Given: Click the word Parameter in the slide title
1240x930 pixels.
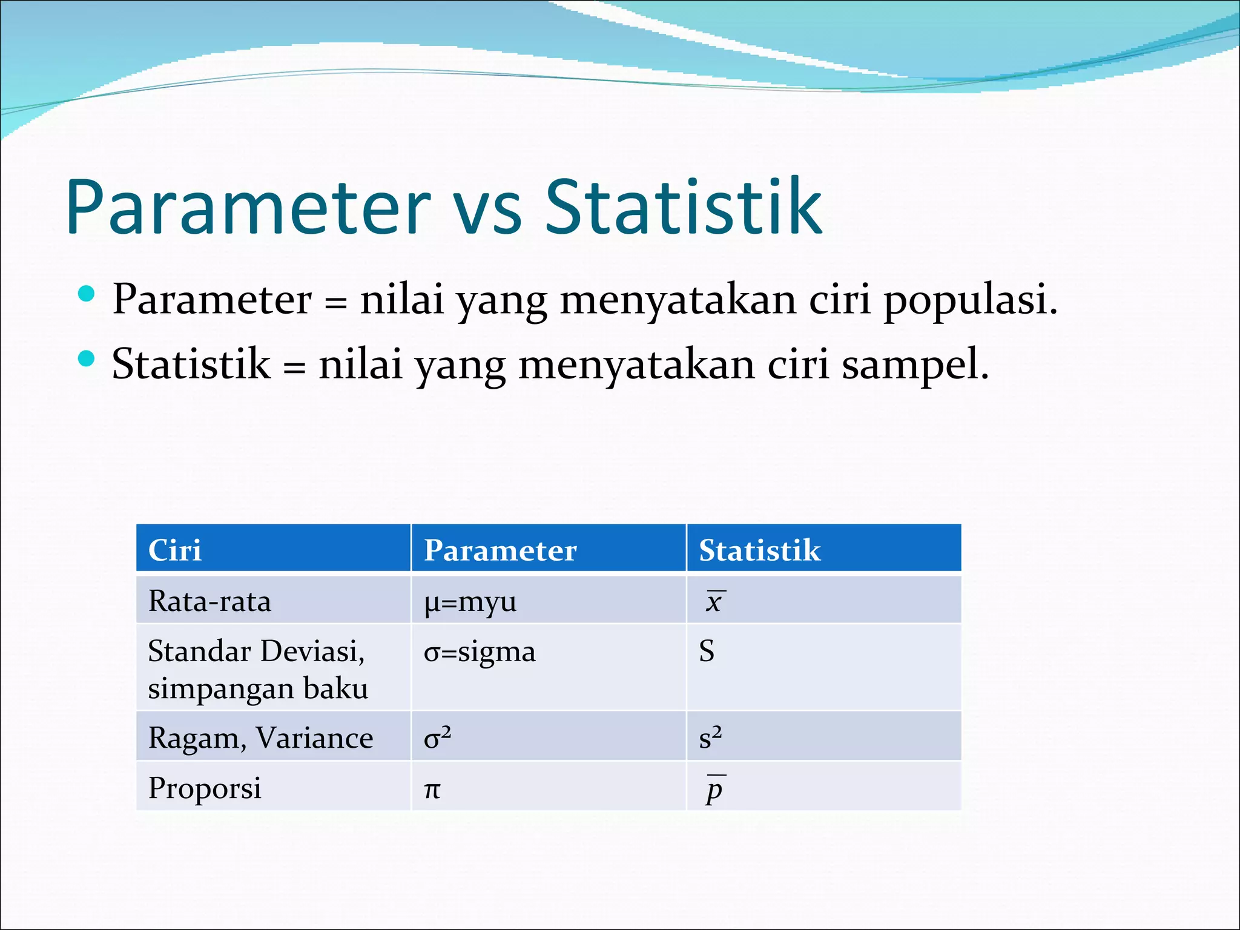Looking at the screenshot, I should click(248, 208).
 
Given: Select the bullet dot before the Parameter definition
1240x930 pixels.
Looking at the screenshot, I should click(87, 294).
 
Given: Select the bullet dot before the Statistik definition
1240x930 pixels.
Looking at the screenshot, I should click(87, 359).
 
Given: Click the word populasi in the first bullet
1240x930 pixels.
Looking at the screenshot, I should click(969, 300).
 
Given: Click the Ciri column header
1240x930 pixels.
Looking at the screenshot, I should click(175, 550).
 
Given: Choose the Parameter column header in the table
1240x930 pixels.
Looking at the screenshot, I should click(500, 550).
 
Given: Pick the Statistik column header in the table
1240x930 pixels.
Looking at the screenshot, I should click(760, 550).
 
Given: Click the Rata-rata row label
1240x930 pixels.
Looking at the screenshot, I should click(209, 601).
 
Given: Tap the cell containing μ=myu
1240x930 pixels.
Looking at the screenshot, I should click(470, 602).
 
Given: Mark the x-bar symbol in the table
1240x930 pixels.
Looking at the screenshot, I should click(714, 602).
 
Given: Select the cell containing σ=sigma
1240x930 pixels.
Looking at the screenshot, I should click(480, 652).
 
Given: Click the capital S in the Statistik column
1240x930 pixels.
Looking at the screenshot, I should click(707, 651).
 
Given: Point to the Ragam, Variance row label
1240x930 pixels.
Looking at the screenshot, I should click(260, 738).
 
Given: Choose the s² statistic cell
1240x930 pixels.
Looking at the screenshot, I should click(710, 737).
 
